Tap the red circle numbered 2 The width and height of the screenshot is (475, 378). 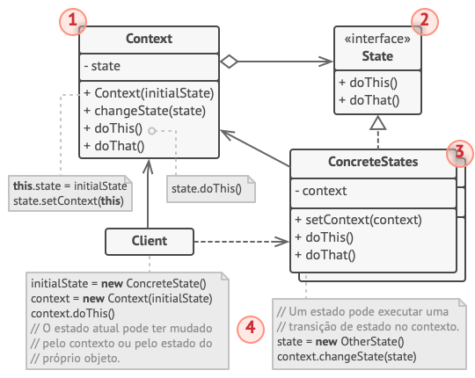pos(425,22)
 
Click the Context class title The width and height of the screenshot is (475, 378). pos(149,39)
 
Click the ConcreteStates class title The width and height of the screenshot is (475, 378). pos(373,163)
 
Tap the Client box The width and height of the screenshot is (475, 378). pos(149,240)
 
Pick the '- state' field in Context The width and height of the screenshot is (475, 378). pos(103,66)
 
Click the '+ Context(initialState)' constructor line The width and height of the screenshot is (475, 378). pos(149,93)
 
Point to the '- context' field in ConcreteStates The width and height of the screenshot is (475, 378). pos(324,191)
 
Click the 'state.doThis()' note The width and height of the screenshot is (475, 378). pos(209,186)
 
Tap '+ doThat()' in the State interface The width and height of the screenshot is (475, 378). pos(369,99)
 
